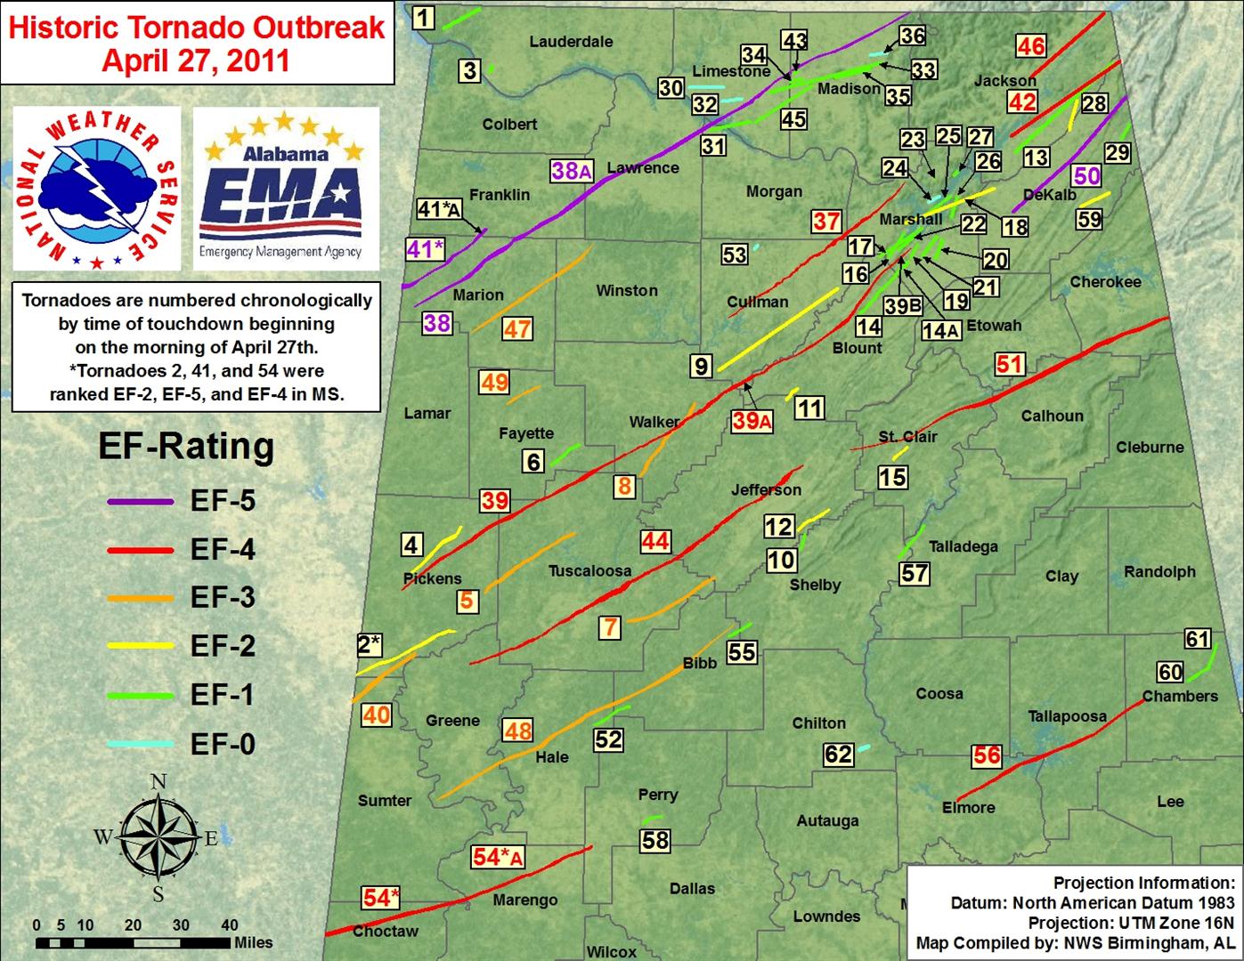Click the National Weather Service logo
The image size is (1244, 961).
96,189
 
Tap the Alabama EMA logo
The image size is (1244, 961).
285,189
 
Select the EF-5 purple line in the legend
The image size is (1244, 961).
140,502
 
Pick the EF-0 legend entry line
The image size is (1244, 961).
140,744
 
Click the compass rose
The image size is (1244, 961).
159,837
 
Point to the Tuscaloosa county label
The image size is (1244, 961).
589,570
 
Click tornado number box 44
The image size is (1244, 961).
655,541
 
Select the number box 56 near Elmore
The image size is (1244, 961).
987,756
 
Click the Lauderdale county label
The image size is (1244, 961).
571,41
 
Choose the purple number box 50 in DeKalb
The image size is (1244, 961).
1087,175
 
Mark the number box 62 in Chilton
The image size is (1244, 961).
838,755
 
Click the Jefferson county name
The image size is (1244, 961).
766,489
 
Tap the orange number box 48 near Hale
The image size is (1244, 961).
517,731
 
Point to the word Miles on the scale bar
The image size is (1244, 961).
253,942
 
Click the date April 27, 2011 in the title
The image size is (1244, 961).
196,60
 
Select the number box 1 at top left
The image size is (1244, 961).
425,16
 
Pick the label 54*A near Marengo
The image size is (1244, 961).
497,857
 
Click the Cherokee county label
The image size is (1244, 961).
1105,281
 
